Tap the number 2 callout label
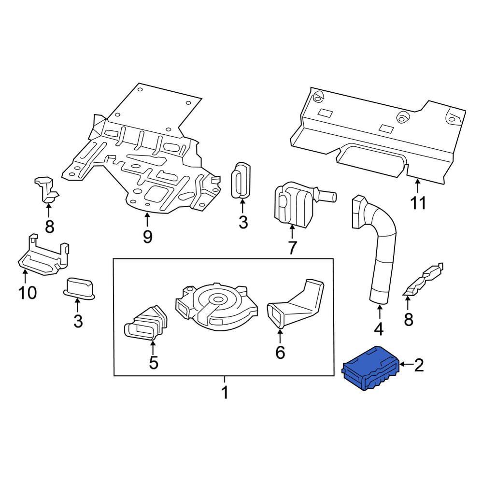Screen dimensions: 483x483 418,365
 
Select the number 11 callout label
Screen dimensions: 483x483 418,203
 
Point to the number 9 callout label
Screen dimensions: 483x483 147,237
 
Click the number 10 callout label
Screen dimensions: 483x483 27,292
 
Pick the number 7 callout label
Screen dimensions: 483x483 292,248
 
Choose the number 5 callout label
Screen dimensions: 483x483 153,362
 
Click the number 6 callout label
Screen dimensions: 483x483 280,353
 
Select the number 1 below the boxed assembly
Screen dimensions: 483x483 224,393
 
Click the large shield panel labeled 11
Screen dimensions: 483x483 382,135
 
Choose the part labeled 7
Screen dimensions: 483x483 292,203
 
